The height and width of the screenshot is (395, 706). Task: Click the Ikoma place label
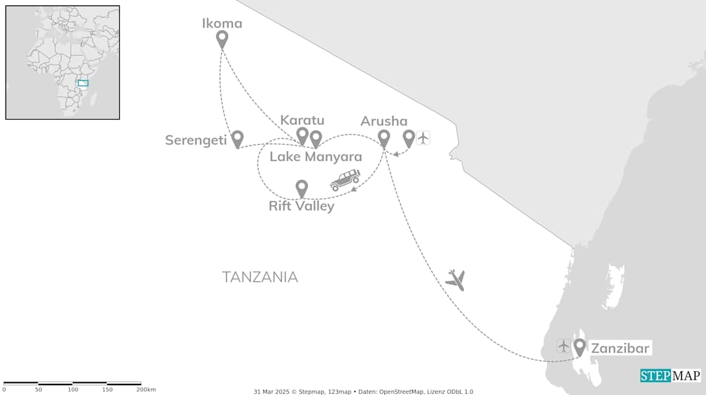(x=222, y=24)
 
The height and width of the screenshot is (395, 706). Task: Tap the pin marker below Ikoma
(x=222, y=39)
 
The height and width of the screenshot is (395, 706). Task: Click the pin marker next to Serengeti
(x=237, y=139)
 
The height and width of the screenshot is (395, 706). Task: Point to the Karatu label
(x=302, y=120)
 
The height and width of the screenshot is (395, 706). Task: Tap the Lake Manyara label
(x=316, y=157)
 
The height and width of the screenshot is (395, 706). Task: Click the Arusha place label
(x=384, y=121)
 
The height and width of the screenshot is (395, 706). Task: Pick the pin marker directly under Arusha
(x=384, y=139)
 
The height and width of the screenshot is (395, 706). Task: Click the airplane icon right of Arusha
(x=423, y=137)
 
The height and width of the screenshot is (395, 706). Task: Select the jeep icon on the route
(x=345, y=180)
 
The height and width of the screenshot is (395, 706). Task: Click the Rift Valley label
(x=301, y=206)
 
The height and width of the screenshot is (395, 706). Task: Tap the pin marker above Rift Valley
(x=301, y=188)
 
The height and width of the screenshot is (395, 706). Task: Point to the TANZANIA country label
(x=260, y=277)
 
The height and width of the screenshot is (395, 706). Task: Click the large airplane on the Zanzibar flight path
(x=455, y=280)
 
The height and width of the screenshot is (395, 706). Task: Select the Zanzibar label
(x=619, y=348)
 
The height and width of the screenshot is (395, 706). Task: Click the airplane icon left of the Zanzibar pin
(x=564, y=346)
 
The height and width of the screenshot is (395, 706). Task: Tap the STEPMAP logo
(x=670, y=375)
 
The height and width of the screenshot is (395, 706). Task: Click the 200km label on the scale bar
(x=146, y=389)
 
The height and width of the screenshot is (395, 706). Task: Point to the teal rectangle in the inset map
(x=83, y=83)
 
